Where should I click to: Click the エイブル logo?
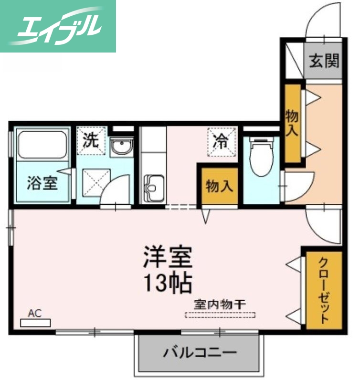(58, 26)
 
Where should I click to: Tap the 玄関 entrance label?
(324, 61)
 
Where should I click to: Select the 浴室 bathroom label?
(42, 183)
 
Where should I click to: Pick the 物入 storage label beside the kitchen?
(219, 186)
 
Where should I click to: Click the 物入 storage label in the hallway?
(292, 123)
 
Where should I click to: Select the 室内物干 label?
(220, 304)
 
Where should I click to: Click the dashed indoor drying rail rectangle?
(220, 315)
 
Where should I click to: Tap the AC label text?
(34, 313)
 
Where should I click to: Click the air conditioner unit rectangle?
(35, 323)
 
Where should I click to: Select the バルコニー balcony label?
(200, 354)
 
